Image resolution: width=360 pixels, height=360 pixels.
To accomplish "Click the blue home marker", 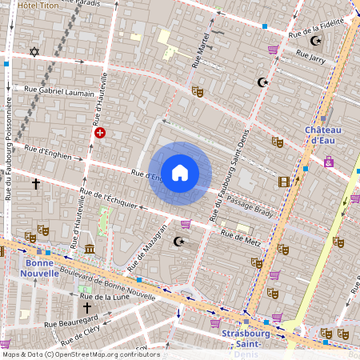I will (180, 172).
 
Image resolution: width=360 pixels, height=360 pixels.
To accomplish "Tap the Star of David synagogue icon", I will (34, 52).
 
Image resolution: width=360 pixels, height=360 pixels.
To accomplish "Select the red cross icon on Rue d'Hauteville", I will (100, 133).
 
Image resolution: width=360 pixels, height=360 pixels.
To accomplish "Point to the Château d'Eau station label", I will (323, 135).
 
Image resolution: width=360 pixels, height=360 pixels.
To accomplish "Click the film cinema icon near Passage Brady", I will (284, 182).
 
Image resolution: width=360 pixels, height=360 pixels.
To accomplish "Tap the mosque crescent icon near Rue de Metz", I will (179, 242).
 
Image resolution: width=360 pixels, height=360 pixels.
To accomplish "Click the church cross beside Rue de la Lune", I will (86, 307).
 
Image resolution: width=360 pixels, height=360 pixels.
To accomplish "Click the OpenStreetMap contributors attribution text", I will (80, 354).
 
